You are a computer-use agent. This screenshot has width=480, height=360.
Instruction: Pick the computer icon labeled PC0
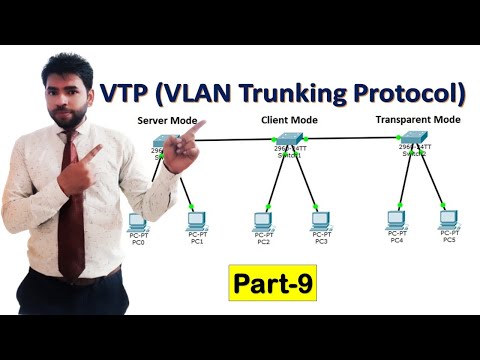(x=136, y=222)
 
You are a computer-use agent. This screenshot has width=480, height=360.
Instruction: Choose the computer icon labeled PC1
(x=196, y=221)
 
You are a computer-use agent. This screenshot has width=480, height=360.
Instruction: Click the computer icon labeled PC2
(x=263, y=220)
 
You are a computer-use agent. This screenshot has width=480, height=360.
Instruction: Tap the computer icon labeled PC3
(x=319, y=220)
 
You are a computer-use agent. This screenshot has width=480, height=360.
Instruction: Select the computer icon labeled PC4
(x=397, y=219)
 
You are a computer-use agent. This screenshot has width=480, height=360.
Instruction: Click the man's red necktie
(x=71, y=200)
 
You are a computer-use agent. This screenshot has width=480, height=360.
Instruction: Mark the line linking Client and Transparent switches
(x=349, y=138)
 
